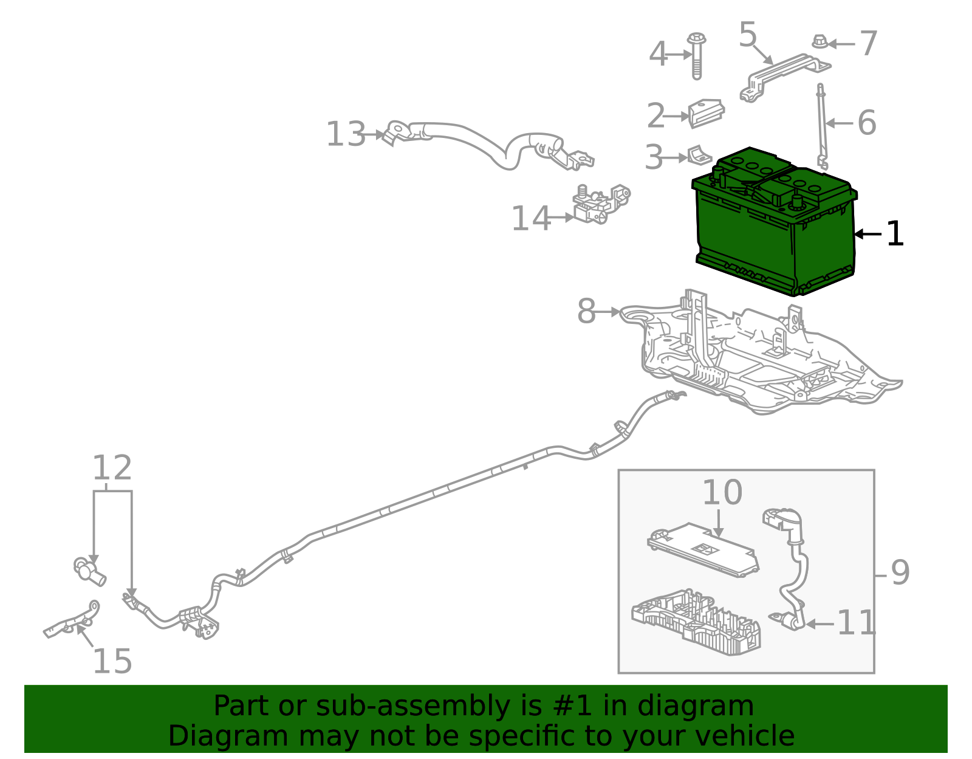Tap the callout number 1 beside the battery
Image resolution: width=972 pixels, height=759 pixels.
895,234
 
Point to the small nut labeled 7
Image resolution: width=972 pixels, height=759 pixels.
819,42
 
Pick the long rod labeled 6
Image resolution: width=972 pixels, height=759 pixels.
822,125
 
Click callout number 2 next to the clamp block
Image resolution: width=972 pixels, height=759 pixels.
655,116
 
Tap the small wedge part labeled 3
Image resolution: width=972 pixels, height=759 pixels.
698,156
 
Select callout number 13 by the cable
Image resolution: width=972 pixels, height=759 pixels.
346,134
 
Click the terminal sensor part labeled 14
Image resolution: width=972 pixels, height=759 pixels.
598,204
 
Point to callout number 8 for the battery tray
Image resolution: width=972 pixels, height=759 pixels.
586,312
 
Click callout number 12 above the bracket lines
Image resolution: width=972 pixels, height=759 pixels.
112,469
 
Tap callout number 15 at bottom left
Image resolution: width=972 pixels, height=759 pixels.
112,662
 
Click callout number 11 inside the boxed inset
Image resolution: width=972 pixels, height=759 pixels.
857,623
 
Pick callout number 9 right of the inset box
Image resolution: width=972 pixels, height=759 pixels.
900,573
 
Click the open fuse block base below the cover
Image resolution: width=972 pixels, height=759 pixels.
696,623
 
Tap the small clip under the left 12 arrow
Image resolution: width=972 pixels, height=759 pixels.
89,571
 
